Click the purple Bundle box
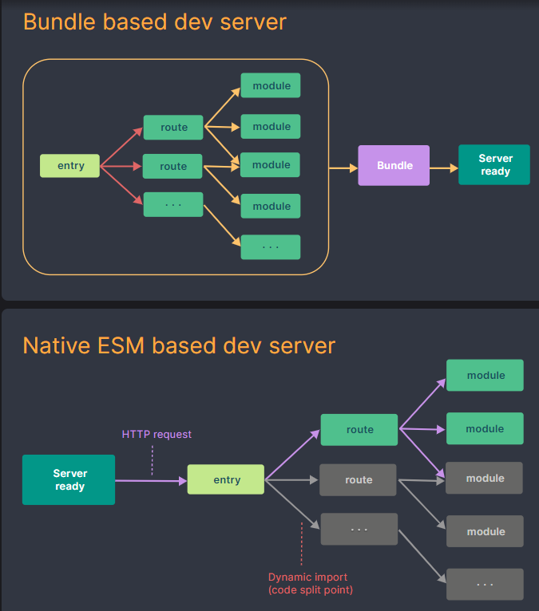point(394,165)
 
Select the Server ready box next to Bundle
point(493,165)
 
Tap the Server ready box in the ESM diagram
point(69,479)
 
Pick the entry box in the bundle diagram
point(70,166)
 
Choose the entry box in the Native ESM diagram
point(227,479)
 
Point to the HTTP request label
point(157,435)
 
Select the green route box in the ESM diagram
point(359,429)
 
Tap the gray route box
point(359,479)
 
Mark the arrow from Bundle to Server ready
point(443,168)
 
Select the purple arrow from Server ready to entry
point(150,480)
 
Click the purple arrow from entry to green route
point(292,455)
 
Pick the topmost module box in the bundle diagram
point(271,85)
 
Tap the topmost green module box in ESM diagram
point(485,375)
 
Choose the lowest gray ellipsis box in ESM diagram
point(485,584)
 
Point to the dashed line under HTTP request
point(153,460)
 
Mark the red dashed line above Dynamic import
point(303,543)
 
